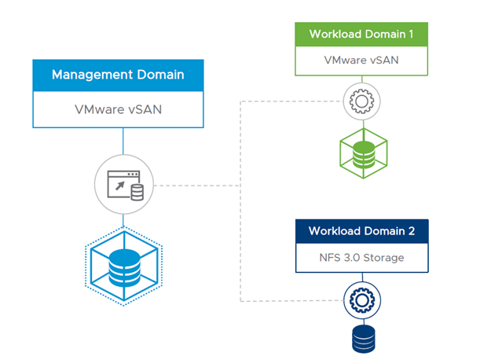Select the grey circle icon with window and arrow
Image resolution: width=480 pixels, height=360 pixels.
pyautogui.click(x=124, y=186)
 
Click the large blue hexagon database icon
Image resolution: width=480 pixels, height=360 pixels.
pyautogui.click(x=124, y=266)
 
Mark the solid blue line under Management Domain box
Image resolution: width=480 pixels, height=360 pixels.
pyautogui.click(x=124, y=143)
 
